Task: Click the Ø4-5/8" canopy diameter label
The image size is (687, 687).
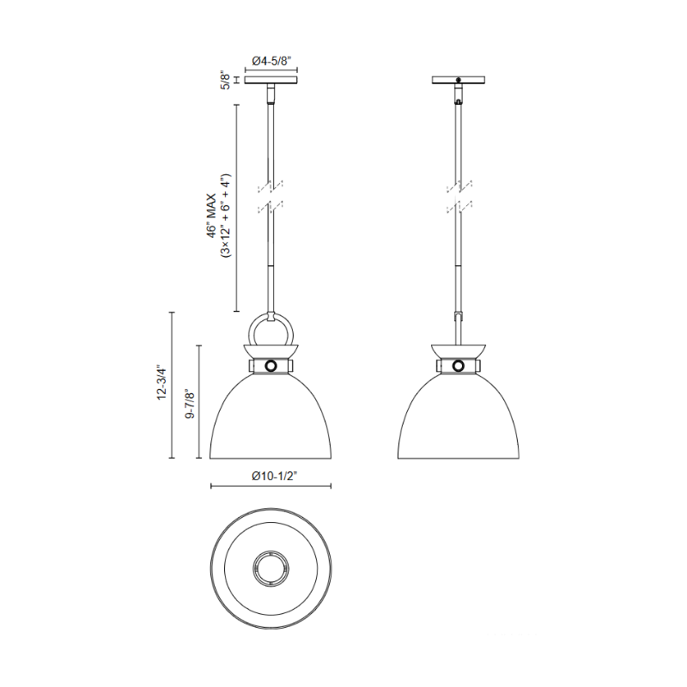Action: (x=271, y=61)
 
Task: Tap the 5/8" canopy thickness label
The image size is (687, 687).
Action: (x=225, y=81)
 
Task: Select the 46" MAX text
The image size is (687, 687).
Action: (x=212, y=216)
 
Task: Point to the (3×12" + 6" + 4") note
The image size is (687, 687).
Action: (x=226, y=216)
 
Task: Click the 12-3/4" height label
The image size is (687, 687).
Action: (x=162, y=382)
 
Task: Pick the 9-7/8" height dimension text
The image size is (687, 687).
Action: (x=190, y=404)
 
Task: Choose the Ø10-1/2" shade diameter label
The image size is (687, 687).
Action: (x=275, y=476)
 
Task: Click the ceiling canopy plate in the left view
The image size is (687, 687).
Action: (x=271, y=80)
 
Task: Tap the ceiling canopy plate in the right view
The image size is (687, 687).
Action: (x=459, y=80)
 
